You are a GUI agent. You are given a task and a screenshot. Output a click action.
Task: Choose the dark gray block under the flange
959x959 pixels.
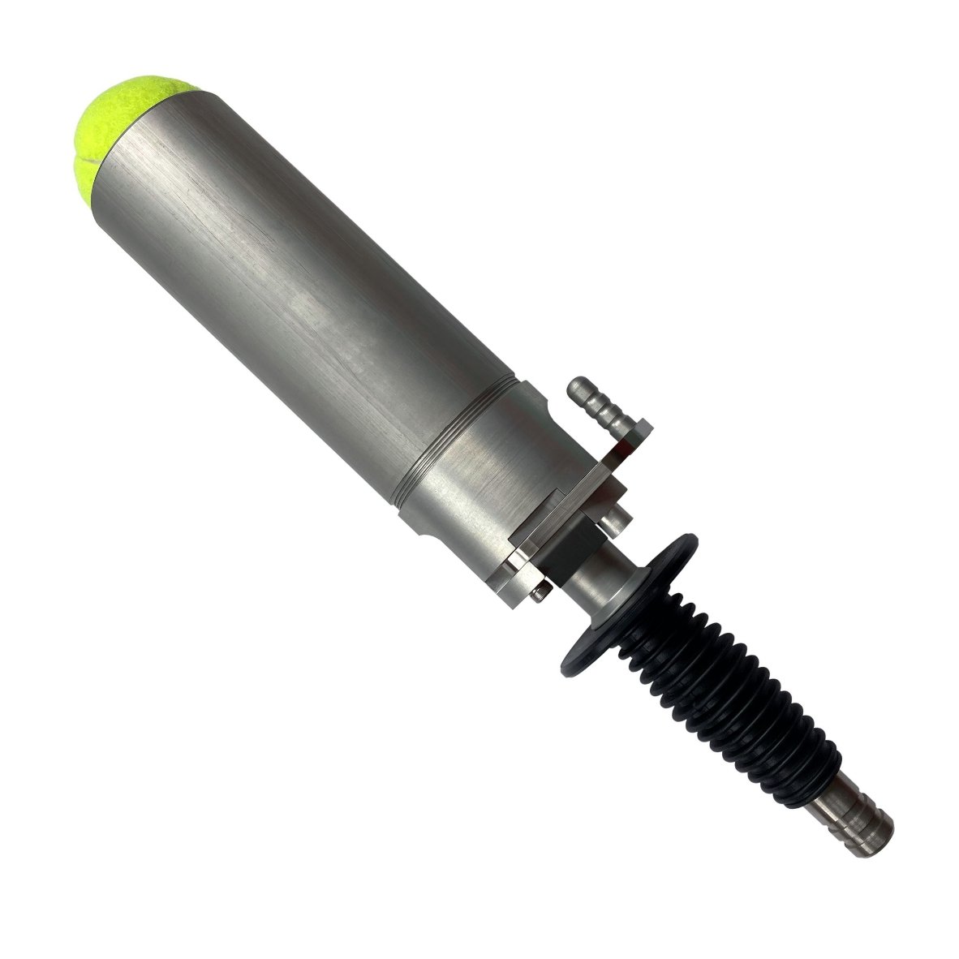[572, 556]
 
